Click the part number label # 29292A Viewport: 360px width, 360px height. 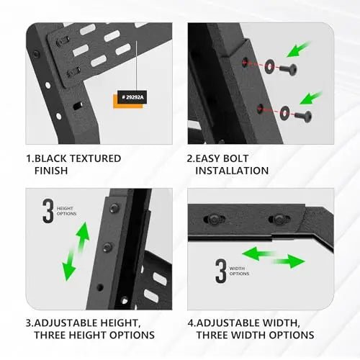coord(132,97)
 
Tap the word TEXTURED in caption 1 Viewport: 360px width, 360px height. coord(95,158)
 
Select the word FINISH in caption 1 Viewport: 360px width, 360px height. coord(51,171)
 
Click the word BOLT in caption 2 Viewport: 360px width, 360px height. coord(235,158)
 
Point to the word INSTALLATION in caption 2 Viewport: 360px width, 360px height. coord(232,171)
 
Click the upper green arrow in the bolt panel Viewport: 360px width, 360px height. coord(298,49)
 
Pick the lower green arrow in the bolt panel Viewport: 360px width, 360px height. coord(311,98)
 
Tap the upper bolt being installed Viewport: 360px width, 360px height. coord(289,69)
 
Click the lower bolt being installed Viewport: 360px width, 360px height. coord(303,117)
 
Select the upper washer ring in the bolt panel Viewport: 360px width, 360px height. coord(270,66)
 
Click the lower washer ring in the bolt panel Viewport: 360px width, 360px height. coord(285,112)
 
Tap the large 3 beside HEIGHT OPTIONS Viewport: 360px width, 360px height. coord(48,211)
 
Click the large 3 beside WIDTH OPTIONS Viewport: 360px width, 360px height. coord(221,271)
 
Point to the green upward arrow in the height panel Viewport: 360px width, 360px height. coord(83,238)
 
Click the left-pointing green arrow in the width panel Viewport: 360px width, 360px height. coord(258,254)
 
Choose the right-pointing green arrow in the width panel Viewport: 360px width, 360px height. coord(289,261)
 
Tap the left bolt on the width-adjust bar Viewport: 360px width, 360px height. coord(214,219)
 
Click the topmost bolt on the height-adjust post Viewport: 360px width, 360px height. coord(114,208)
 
